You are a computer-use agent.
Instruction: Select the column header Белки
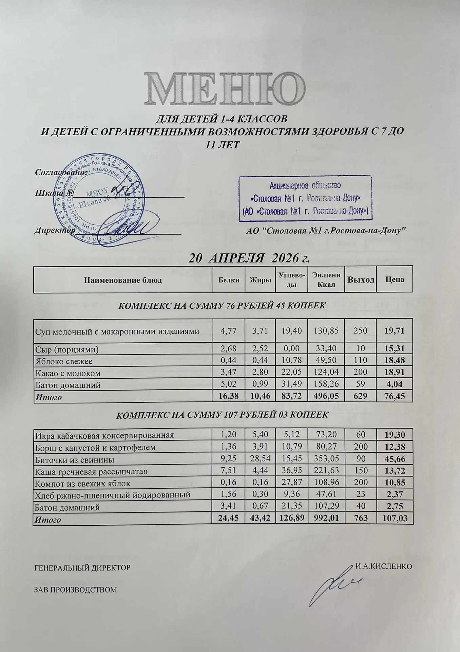pyautogui.click(x=229, y=280)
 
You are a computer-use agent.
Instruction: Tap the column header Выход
pyautogui.click(x=360, y=280)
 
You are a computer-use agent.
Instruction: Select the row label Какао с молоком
pyautogui.click(x=68, y=373)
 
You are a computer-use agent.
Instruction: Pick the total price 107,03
pyautogui.click(x=394, y=519)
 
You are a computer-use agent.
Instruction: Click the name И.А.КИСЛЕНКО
pyautogui.click(x=384, y=567)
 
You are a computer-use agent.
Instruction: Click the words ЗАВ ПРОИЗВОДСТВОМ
pyautogui.click(x=76, y=590)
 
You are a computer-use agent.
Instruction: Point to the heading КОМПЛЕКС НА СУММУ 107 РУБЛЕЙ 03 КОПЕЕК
pyautogui.click(x=222, y=415)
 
